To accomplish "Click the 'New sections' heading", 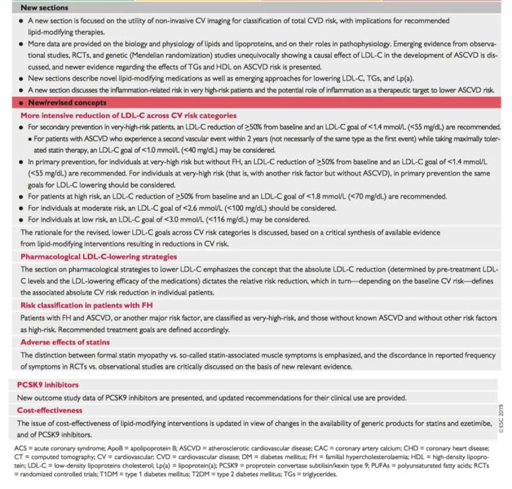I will (x=44, y=7).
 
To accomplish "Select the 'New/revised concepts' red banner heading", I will (x=67, y=102).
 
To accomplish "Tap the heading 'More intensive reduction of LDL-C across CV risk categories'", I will (x=128, y=115).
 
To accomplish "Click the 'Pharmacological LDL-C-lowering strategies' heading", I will (x=99, y=256).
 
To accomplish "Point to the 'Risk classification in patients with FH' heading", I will (x=87, y=305).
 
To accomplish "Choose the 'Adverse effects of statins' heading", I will (x=65, y=342).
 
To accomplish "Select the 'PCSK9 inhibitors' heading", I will (x=48, y=384).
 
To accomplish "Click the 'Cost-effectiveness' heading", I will (x=49, y=410).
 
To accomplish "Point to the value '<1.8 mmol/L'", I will (x=325, y=197).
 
